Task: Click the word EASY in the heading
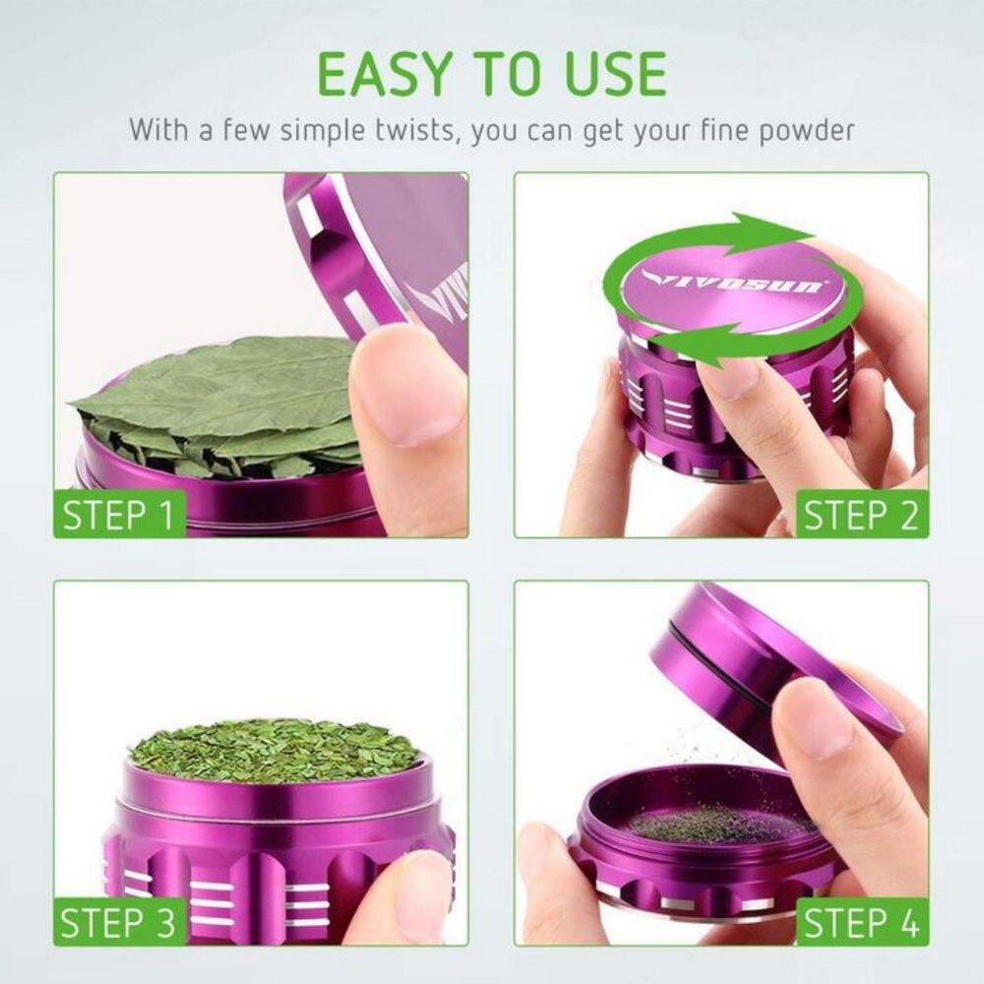click(385, 74)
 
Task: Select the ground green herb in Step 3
click(275, 751)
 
